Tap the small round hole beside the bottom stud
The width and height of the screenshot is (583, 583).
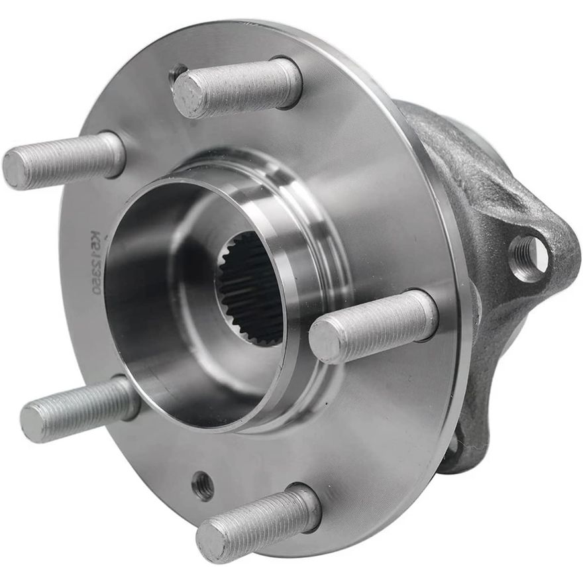coord(203,486)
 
